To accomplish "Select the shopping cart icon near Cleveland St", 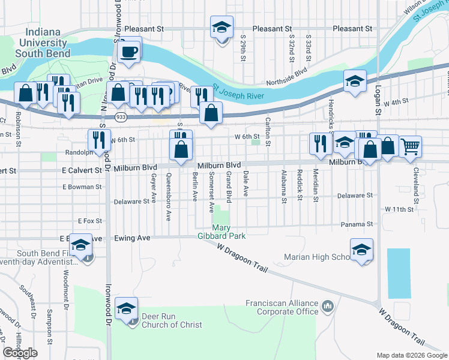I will pos(410,146).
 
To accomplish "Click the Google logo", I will pos(20,353).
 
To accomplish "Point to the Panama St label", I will pos(358,224).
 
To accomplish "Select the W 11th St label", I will pos(399,209).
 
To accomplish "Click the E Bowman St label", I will pos(83,187).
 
